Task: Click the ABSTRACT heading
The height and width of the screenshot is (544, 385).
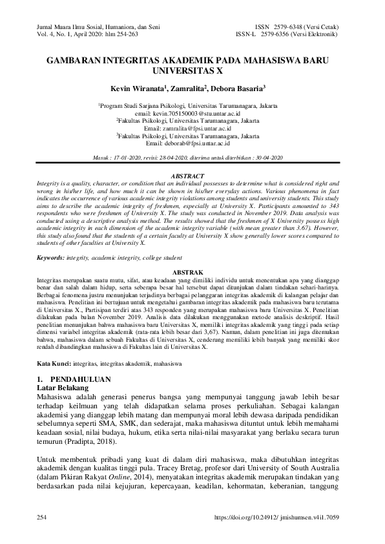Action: pyautogui.click(x=192, y=176)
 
